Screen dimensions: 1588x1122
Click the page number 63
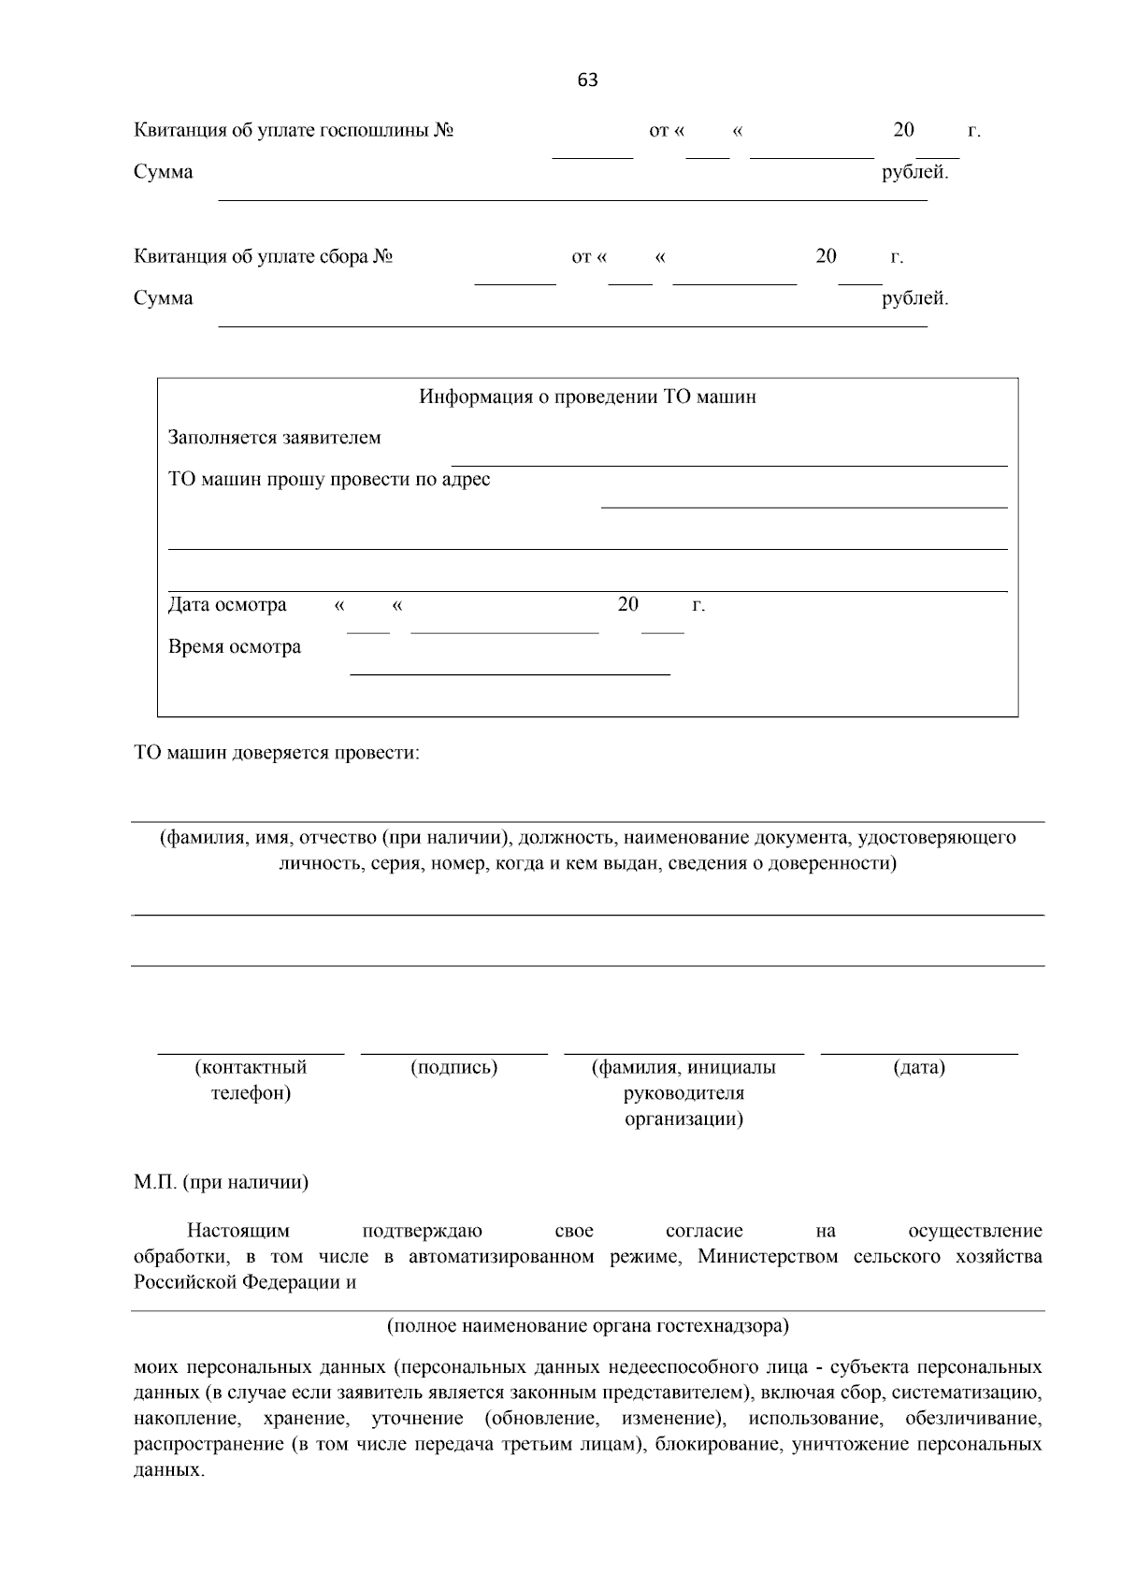click(587, 80)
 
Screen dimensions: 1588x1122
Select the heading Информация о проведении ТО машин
click(587, 397)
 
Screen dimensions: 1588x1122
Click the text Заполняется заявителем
click(274, 438)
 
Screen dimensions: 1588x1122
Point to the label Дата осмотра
click(227, 605)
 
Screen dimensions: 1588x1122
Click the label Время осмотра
click(235, 647)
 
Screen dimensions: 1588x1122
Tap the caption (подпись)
click(453, 1067)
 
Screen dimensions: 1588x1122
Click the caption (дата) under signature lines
click(919, 1067)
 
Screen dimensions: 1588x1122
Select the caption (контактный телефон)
click(251, 1080)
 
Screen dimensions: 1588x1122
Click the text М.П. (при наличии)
click(221, 1182)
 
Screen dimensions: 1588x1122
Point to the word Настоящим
click(238, 1231)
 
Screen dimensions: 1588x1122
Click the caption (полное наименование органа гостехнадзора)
click(587, 1325)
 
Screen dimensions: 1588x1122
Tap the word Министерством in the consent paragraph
click(768, 1256)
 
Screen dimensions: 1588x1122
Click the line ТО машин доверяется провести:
click(277, 753)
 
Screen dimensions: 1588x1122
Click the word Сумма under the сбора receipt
click(164, 298)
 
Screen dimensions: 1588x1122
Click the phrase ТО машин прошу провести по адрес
click(329, 480)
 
